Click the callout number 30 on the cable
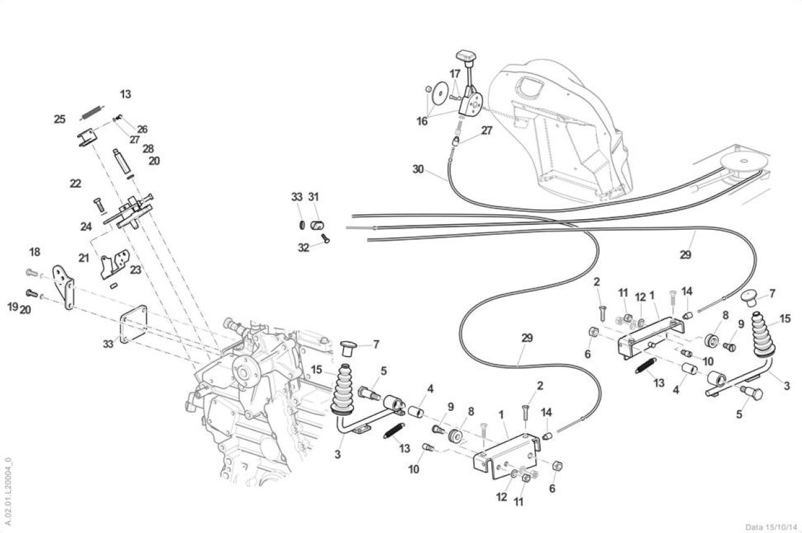coord(418,169)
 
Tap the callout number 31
coord(313,197)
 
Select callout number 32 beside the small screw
coord(303,247)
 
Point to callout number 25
coord(60,119)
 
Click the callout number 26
coord(142,129)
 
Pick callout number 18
coord(34,252)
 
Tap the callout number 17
coord(455,74)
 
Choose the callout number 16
coord(422,122)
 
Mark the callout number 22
coord(75,184)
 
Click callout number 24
coord(86,227)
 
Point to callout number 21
coord(83,257)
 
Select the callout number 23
coord(135,269)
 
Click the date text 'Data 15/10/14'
coord(771,527)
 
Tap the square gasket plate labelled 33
coord(134,324)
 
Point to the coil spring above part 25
coord(91,111)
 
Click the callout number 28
coord(148,148)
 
